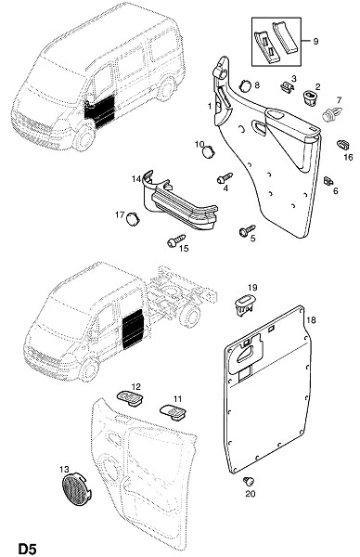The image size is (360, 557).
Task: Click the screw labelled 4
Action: click(x=225, y=177)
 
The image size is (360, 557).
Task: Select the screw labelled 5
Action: click(x=248, y=230)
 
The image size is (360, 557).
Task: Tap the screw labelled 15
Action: click(x=176, y=240)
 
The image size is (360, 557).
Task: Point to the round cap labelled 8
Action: click(x=245, y=86)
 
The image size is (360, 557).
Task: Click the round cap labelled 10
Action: click(x=208, y=151)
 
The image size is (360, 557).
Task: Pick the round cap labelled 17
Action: click(x=133, y=218)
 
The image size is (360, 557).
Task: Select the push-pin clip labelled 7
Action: click(x=332, y=114)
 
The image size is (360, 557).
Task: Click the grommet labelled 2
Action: click(x=312, y=97)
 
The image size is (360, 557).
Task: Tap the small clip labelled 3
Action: click(x=288, y=88)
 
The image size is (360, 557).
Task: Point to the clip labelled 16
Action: click(x=343, y=145)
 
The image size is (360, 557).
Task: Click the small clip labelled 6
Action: click(x=328, y=181)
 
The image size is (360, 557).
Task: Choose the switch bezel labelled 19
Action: click(x=245, y=304)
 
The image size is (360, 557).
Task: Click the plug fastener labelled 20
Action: click(x=249, y=482)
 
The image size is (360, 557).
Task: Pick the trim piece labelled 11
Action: click(x=174, y=412)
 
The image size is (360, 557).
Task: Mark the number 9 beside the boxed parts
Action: click(x=315, y=41)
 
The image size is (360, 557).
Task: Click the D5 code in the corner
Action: click(x=27, y=549)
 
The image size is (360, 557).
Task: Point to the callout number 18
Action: click(x=311, y=320)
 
